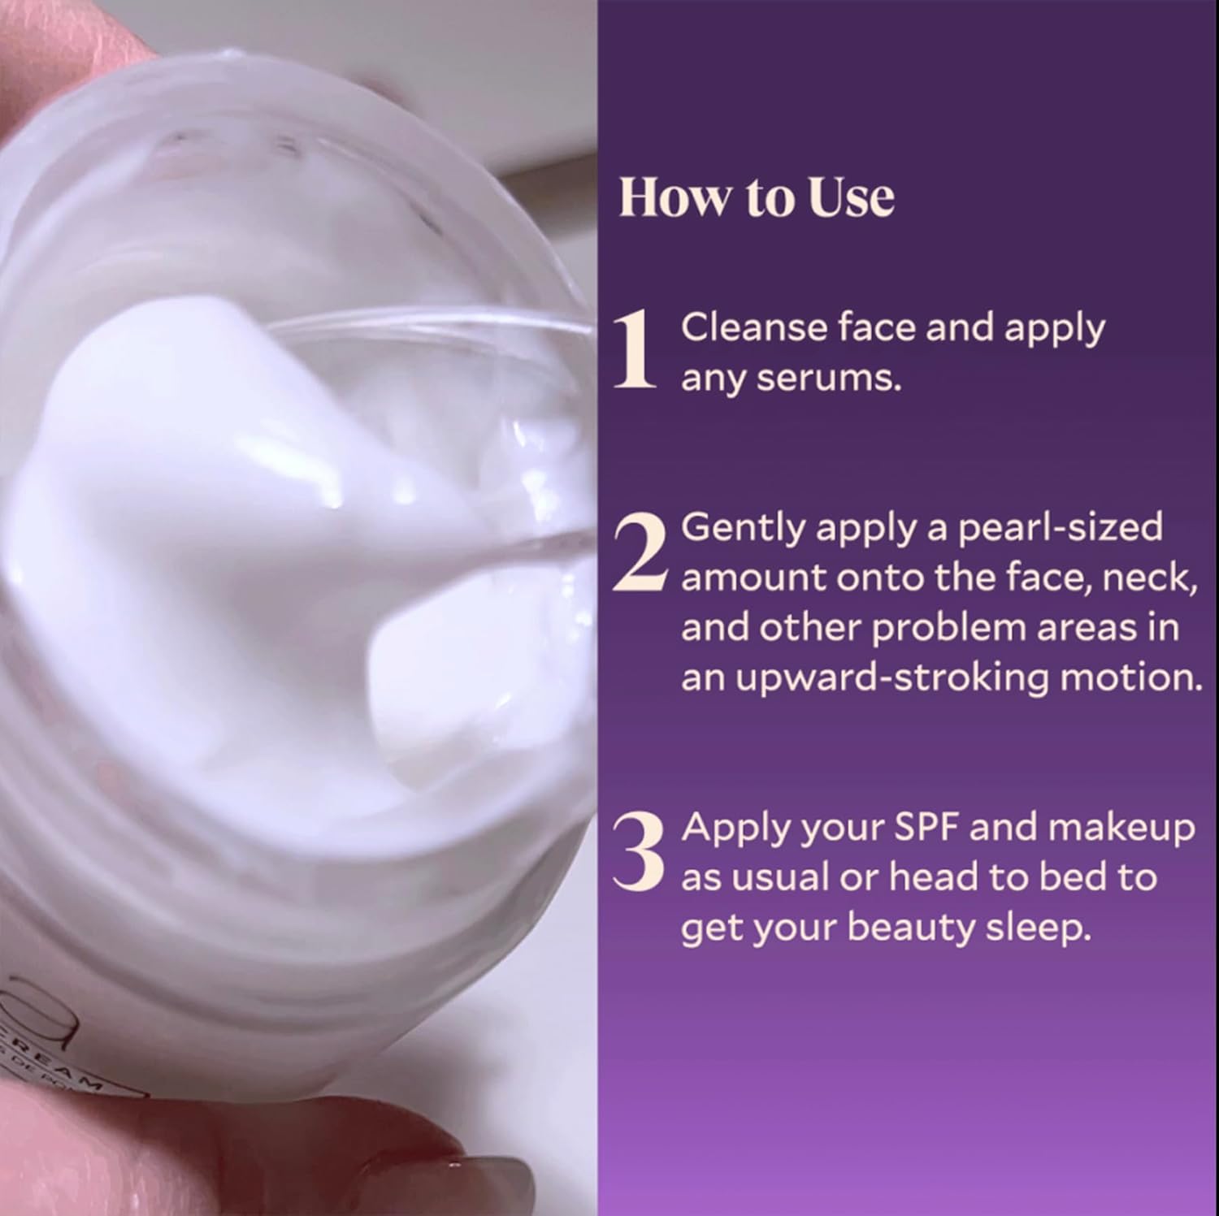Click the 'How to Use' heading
[x=756, y=197]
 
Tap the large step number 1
[x=634, y=352]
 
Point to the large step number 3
[x=638, y=850]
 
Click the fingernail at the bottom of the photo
[x=488, y=1186]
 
